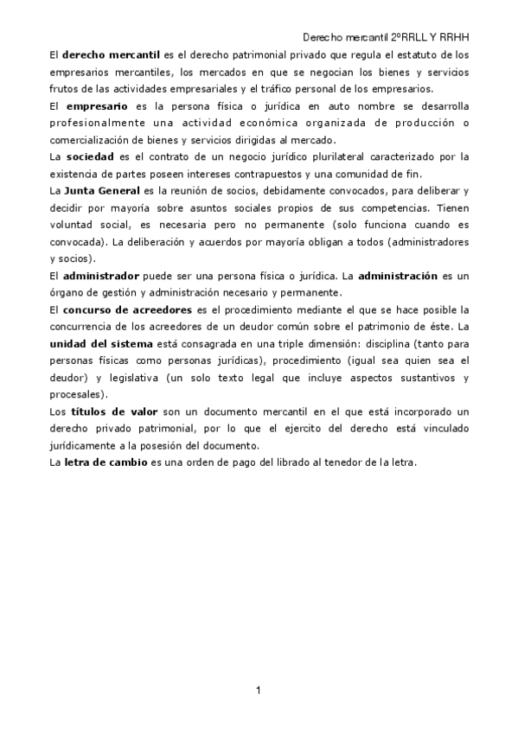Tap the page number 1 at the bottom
259,690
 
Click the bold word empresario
97,105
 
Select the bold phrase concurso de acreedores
126,309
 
